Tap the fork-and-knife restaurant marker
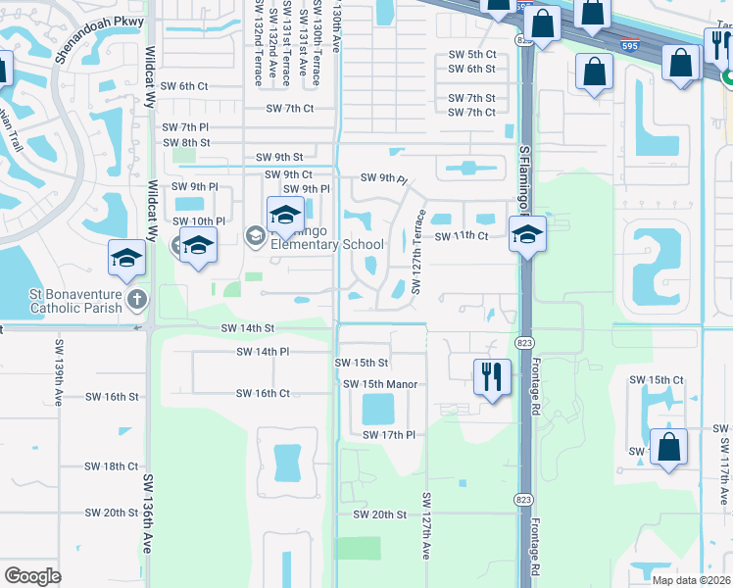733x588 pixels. pos(491,375)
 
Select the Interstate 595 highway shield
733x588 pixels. pos(631,44)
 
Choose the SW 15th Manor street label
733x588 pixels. pos(381,384)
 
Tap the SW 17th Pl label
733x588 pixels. pos(389,435)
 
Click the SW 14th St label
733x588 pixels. pos(248,328)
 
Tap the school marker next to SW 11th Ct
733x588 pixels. pos(527,235)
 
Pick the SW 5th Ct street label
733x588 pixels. pos(471,54)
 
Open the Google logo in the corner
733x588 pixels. pos(32,576)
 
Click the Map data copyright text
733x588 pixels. pos(690,580)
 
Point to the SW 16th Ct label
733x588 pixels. pos(263,394)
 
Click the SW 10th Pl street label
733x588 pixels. pos(199,221)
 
